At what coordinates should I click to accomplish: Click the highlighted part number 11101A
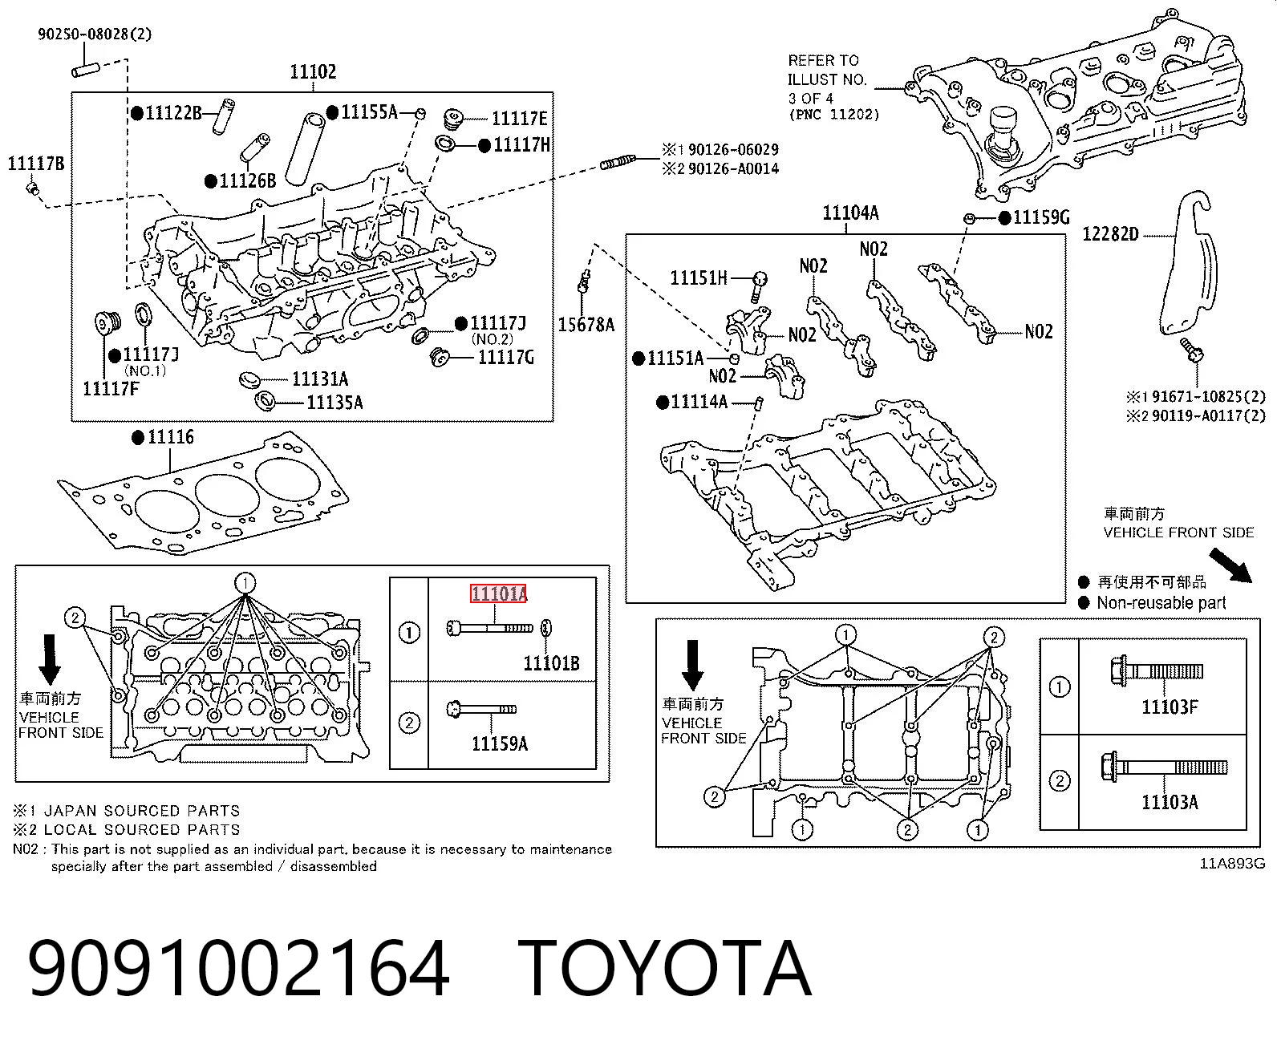[x=498, y=593]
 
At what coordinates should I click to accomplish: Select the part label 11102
[x=313, y=71]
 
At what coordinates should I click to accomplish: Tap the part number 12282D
[x=1111, y=234]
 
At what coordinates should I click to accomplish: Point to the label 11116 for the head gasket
[x=171, y=437]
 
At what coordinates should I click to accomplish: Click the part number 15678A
[x=586, y=324]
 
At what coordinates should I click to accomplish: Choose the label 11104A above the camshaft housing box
[x=850, y=213]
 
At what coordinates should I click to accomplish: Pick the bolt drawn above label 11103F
[x=1157, y=671]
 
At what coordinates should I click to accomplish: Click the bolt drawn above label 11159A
[x=481, y=709]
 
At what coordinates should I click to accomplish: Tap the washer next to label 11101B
[x=547, y=628]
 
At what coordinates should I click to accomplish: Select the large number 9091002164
[x=238, y=970]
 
